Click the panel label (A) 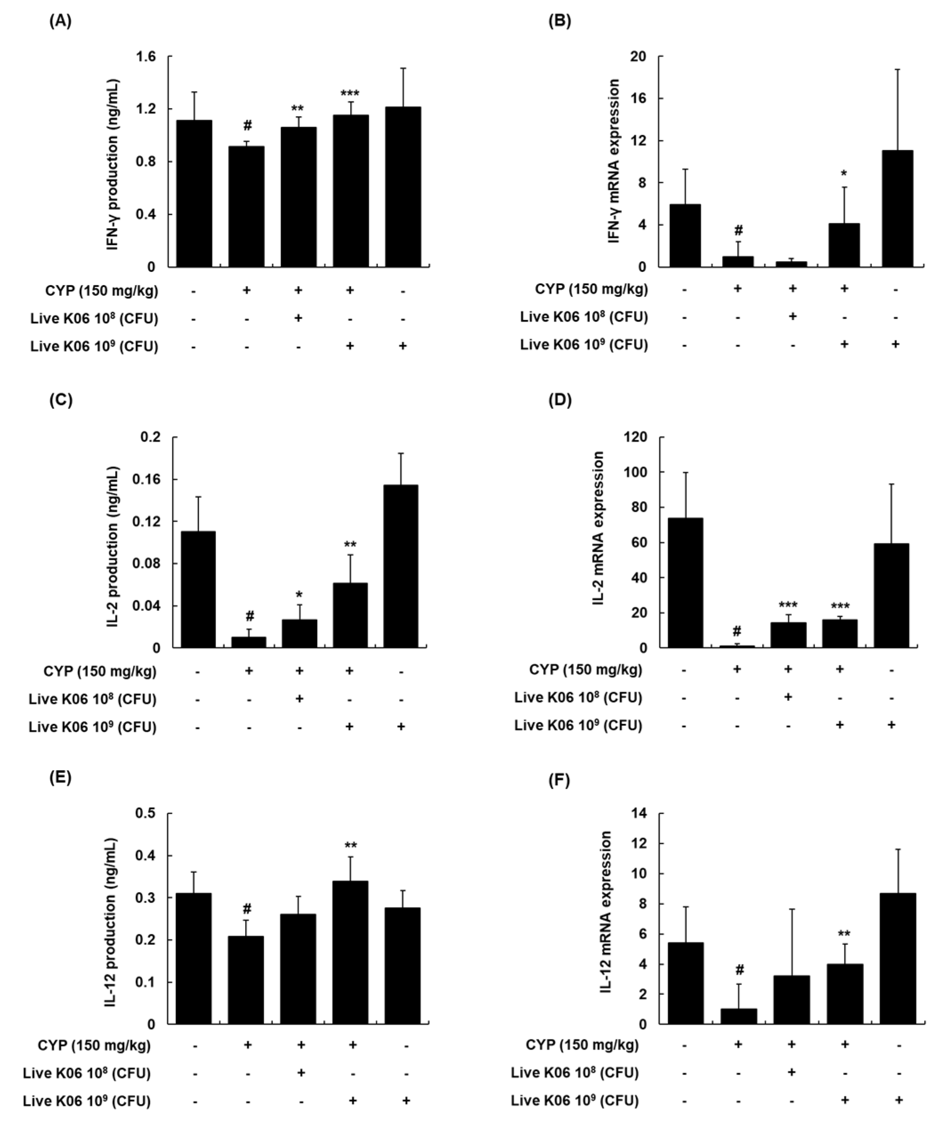pyautogui.click(x=60, y=21)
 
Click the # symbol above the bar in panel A pyautogui.click(x=247, y=125)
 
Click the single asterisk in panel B pyautogui.click(x=844, y=174)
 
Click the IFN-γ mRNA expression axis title pyautogui.click(x=614, y=161)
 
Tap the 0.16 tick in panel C pyautogui.click(x=150, y=480)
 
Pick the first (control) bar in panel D pyautogui.click(x=685, y=582)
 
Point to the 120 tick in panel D pyautogui.click(x=635, y=437)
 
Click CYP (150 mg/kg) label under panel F pyautogui.click(x=582, y=1045)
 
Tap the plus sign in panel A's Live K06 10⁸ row pyautogui.click(x=299, y=318)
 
